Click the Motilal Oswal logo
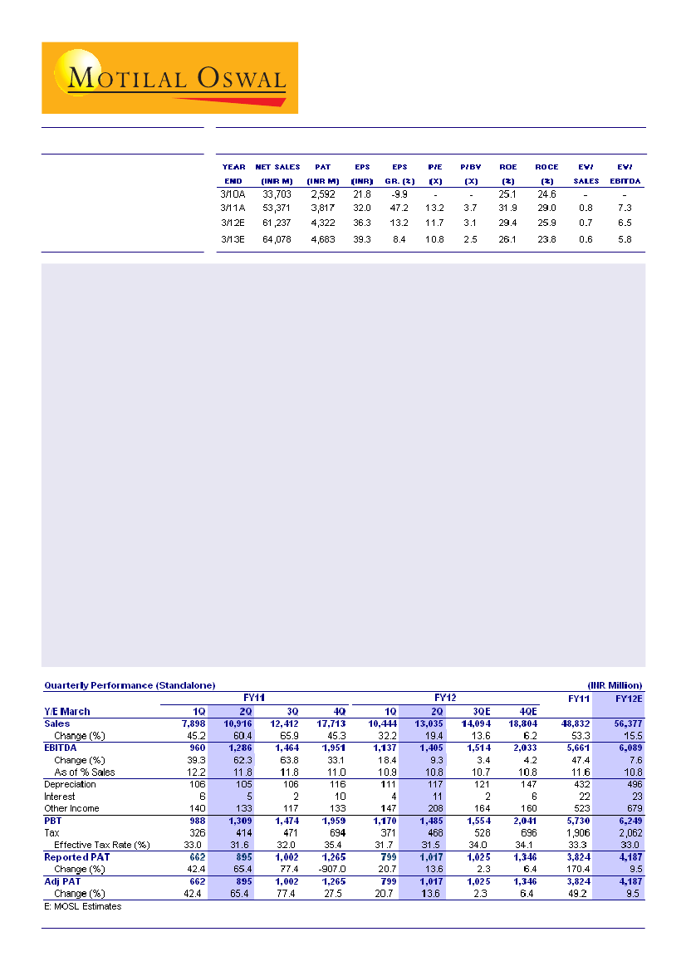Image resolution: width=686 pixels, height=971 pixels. [x=169, y=78]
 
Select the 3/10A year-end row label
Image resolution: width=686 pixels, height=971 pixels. [x=233, y=194]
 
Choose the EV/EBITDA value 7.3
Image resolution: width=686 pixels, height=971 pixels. [x=625, y=208]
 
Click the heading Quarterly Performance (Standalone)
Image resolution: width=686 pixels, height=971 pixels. [x=130, y=685]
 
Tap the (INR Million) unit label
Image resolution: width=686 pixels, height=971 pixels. [x=615, y=685]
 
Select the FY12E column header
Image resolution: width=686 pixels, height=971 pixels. [x=628, y=699]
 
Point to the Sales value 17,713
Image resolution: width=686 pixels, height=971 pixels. [x=336, y=723]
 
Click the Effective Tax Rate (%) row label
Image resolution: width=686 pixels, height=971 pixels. [x=101, y=845]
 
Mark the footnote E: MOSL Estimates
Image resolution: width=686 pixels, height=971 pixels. [x=82, y=906]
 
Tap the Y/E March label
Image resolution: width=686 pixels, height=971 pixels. [x=67, y=711]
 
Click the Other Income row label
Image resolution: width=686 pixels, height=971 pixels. [x=71, y=808]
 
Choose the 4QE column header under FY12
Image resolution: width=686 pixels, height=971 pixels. [x=527, y=711]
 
